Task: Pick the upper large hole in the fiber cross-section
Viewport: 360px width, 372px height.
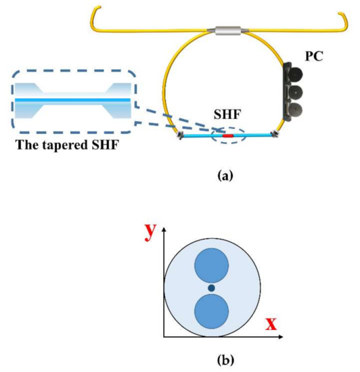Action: click(x=211, y=265)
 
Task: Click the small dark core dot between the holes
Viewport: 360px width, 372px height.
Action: click(x=211, y=289)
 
